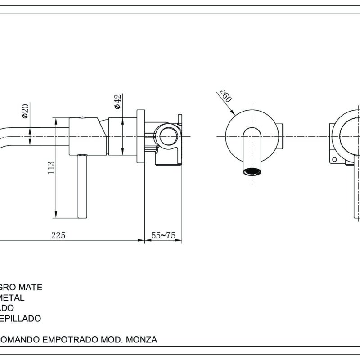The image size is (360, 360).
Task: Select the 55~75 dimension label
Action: [x=163, y=235]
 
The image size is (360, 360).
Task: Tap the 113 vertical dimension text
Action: [x=51, y=168]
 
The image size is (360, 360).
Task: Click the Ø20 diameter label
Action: [x=25, y=111]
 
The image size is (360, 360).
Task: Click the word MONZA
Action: [x=142, y=340]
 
